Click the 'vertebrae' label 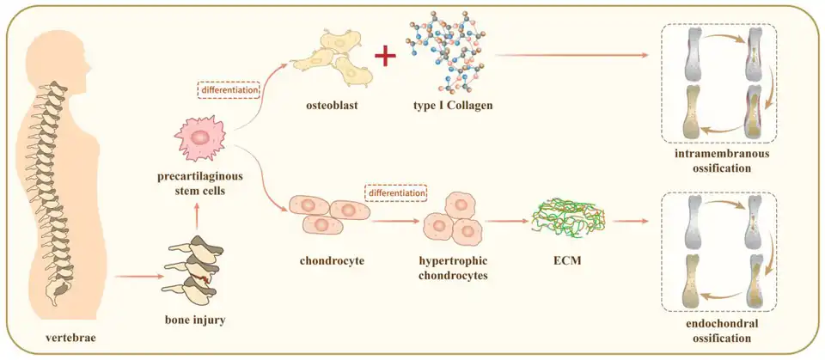pyautogui.click(x=70, y=338)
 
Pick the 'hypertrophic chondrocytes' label pyautogui.click(x=455, y=265)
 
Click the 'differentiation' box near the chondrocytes pyautogui.click(x=396, y=193)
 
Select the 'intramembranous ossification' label pyautogui.click(x=722, y=161)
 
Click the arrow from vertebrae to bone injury pyautogui.click(x=137, y=277)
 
